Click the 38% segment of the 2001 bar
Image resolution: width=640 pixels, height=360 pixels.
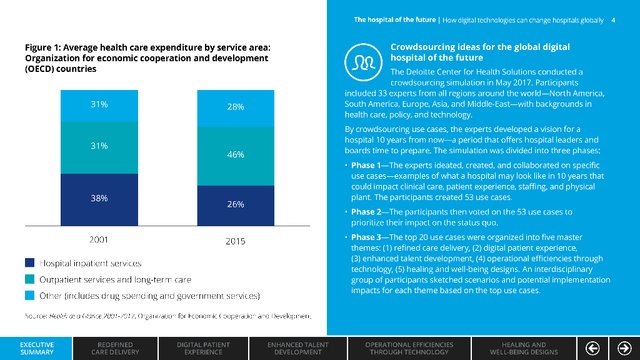click(x=99, y=199)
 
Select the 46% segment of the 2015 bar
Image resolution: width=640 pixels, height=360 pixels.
click(x=236, y=156)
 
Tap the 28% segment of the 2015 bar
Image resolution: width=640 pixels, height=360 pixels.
click(x=236, y=108)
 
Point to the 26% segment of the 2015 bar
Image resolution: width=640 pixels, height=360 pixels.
click(x=236, y=205)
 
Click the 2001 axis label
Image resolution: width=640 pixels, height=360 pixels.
click(x=99, y=240)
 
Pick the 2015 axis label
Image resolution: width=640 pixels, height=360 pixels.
click(x=236, y=241)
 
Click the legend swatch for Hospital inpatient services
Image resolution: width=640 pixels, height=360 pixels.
click(x=29, y=263)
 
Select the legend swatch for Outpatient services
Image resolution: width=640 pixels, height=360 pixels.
click(x=29, y=279)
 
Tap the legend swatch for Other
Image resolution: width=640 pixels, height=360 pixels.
click(x=29, y=296)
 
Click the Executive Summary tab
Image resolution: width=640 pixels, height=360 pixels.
click(x=36, y=348)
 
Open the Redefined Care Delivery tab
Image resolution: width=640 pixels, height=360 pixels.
click(x=115, y=348)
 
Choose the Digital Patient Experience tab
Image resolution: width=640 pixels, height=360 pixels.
click(x=203, y=348)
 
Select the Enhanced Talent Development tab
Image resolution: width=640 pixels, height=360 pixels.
click(x=298, y=348)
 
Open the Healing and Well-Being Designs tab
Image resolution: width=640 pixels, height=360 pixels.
click(x=524, y=348)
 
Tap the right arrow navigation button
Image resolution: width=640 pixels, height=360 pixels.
click(x=624, y=348)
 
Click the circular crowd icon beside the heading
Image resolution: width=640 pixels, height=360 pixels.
click(x=362, y=59)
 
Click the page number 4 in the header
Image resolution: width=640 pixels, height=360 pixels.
click(x=613, y=20)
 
